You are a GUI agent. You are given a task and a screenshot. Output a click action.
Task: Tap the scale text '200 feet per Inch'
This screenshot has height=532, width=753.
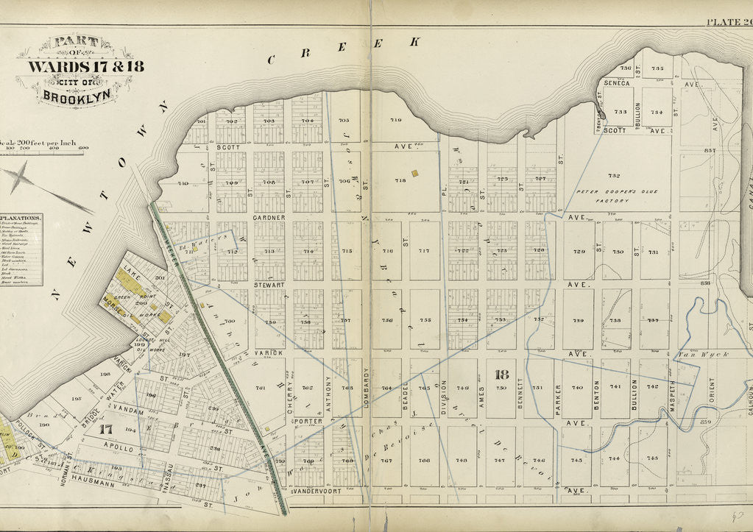coord(40,141)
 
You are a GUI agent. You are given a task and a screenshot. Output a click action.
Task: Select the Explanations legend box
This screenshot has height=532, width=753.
coord(20,249)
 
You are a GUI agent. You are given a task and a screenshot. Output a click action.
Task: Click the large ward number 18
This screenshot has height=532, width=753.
coord(502,375)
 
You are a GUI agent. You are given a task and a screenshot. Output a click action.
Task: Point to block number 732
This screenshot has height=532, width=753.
coord(614,176)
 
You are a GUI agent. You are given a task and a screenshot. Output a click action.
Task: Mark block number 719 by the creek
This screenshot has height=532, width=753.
coord(395,120)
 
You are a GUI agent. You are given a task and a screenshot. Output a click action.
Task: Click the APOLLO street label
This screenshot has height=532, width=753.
coord(119,447)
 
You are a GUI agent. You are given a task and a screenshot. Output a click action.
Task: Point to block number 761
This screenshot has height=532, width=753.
coord(260,388)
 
